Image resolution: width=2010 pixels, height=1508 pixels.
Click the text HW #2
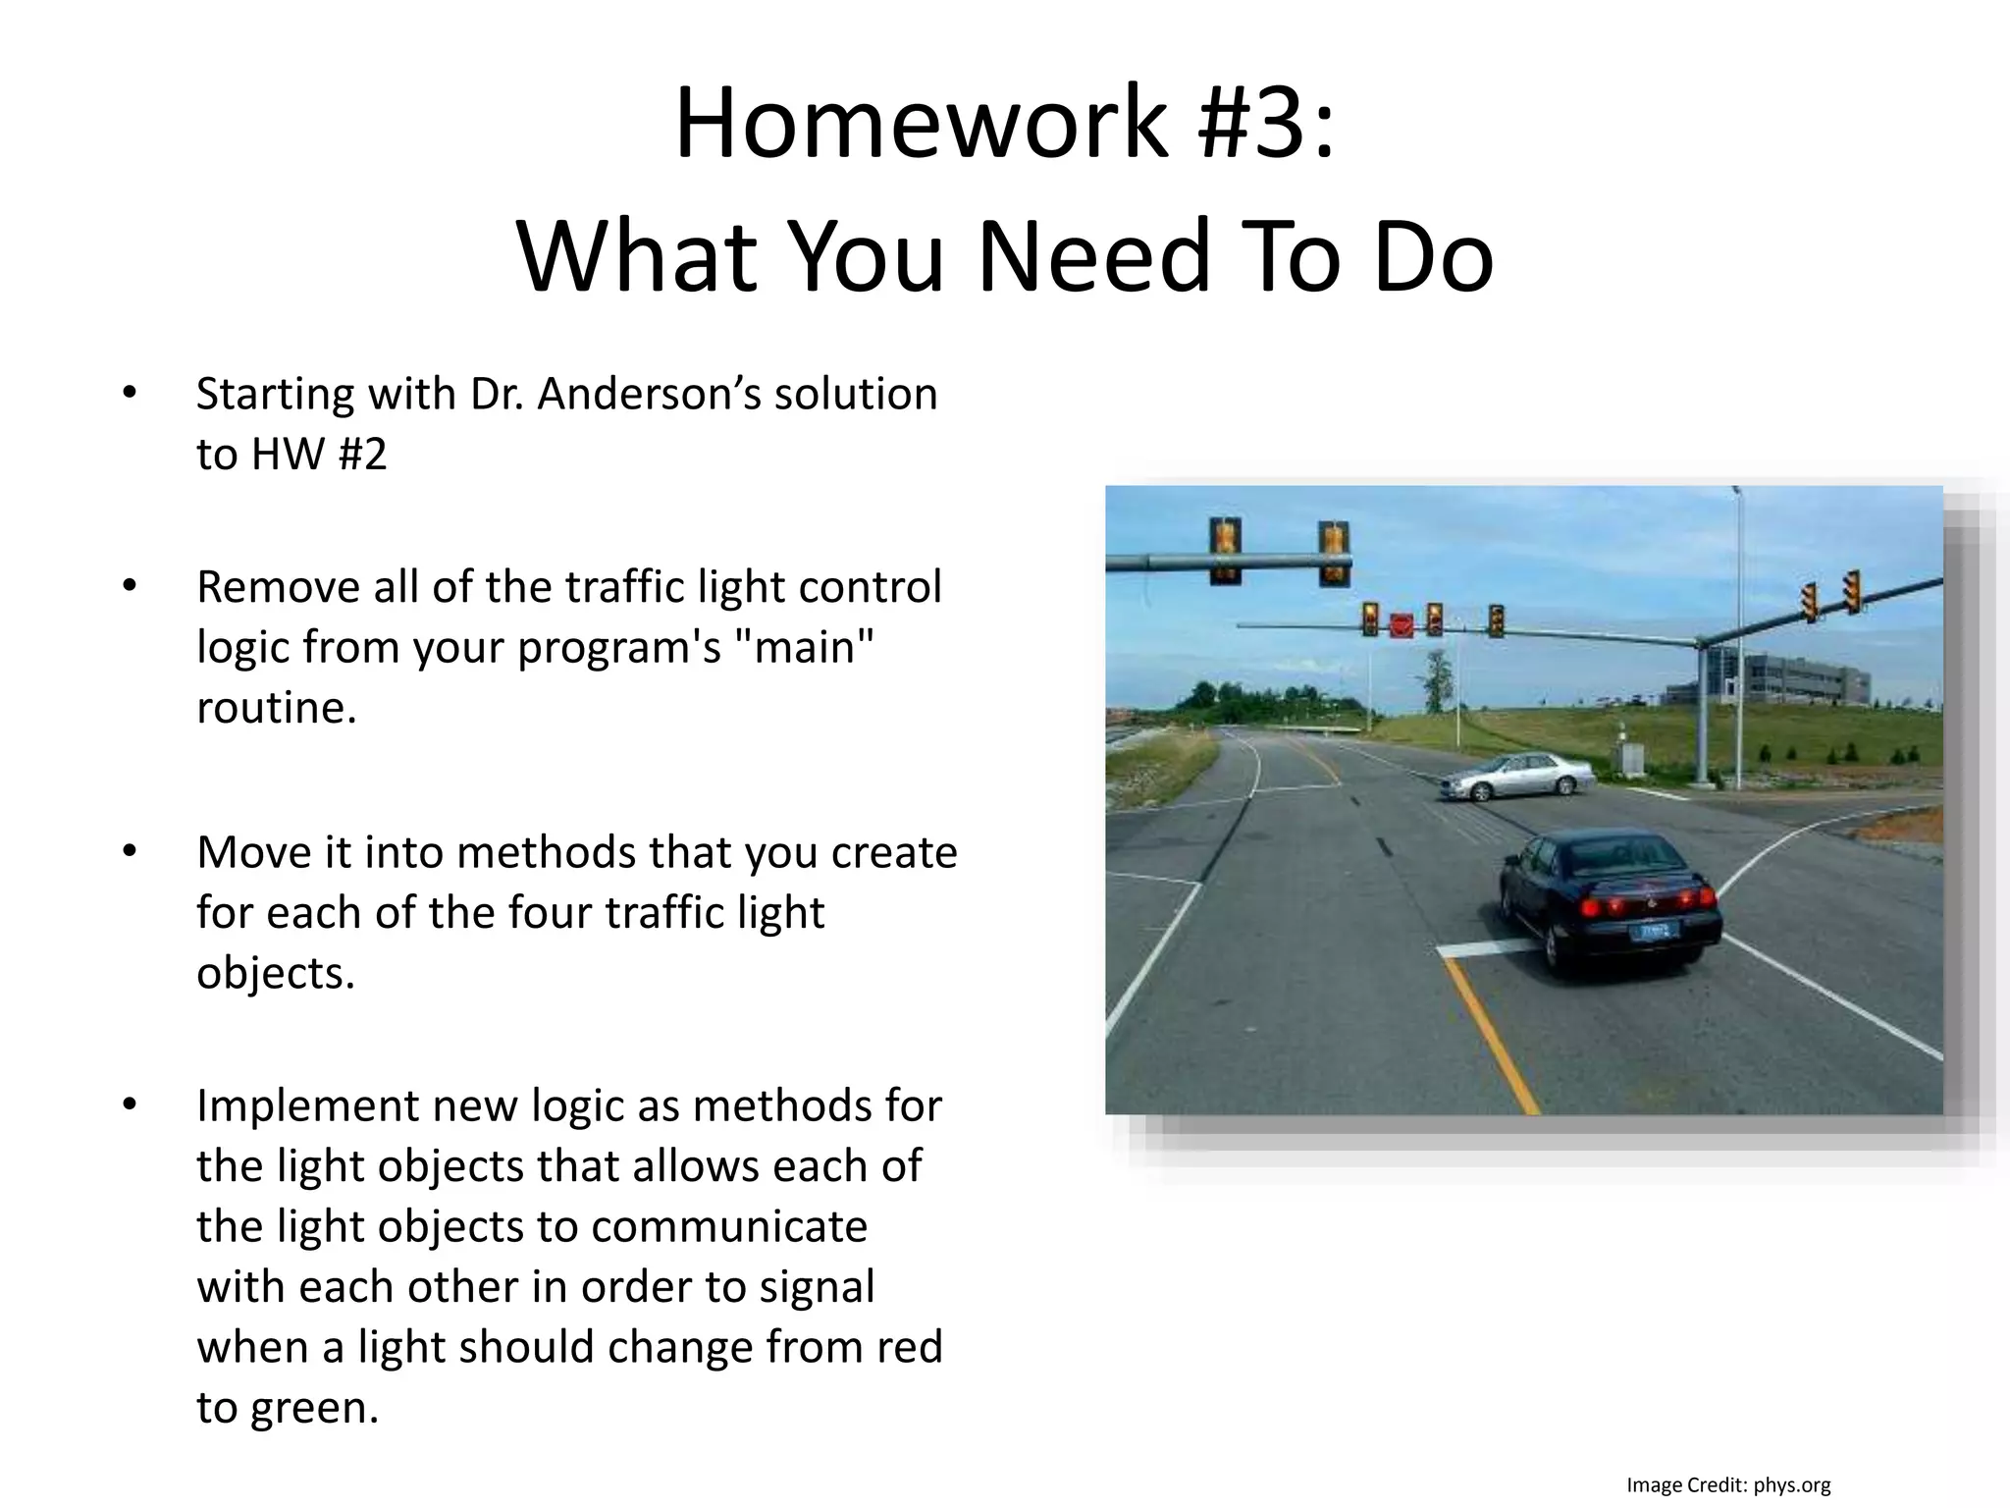pyautogui.click(x=319, y=455)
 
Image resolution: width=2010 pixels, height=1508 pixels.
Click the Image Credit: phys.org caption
pyautogui.click(x=1727, y=1485)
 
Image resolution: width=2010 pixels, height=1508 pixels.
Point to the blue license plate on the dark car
pyautogui.click(x=1656, y=930)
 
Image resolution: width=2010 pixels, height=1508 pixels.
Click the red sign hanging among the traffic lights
pyautogui.click(x=1401, y=624)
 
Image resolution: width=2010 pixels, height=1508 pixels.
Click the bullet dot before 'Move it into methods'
pyautogui.click(x=130, y=851)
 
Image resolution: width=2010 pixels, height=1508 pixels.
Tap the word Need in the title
pyautogui.click(x=1094, y=257)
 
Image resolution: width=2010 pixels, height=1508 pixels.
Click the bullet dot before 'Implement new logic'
pyautogui.click(x=130, y=1105)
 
